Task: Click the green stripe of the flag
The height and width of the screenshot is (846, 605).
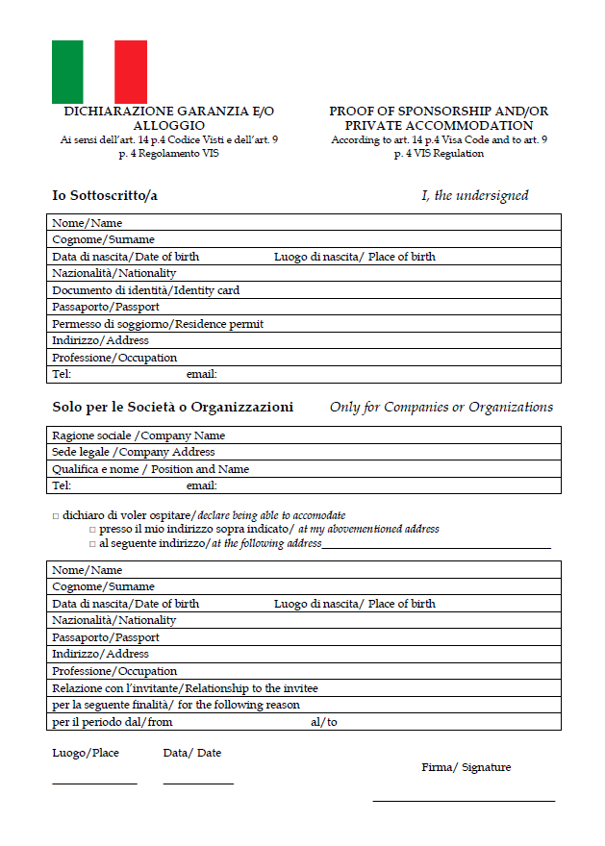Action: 67,71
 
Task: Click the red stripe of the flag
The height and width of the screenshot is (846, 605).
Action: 131,71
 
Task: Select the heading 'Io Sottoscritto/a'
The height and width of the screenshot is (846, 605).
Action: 105,195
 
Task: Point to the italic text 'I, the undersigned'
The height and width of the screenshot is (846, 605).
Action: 475,195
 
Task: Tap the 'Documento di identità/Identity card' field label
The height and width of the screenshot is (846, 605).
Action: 146,290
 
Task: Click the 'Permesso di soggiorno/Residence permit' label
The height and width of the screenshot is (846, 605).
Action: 158,324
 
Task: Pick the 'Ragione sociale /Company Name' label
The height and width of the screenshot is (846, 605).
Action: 139,435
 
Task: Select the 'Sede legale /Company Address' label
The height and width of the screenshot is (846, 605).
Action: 134,452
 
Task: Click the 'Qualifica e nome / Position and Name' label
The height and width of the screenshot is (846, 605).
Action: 151,469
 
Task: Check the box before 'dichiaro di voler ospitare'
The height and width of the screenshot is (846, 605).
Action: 56,516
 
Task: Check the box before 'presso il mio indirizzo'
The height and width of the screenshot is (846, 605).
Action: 92,530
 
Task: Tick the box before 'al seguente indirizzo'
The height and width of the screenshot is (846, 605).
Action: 92,544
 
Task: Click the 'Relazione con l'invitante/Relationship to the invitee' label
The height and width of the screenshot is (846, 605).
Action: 185,688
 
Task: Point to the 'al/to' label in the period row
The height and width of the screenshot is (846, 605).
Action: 324,722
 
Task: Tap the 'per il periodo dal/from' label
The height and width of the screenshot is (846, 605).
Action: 113,722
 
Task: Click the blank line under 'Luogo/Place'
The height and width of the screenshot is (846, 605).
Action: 94,784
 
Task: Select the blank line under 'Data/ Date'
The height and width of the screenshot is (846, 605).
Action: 198,784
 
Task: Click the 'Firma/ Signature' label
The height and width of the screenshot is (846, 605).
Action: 466,767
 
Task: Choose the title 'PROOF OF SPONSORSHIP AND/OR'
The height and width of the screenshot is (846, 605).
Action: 439,112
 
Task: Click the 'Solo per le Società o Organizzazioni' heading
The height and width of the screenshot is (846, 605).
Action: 173,407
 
